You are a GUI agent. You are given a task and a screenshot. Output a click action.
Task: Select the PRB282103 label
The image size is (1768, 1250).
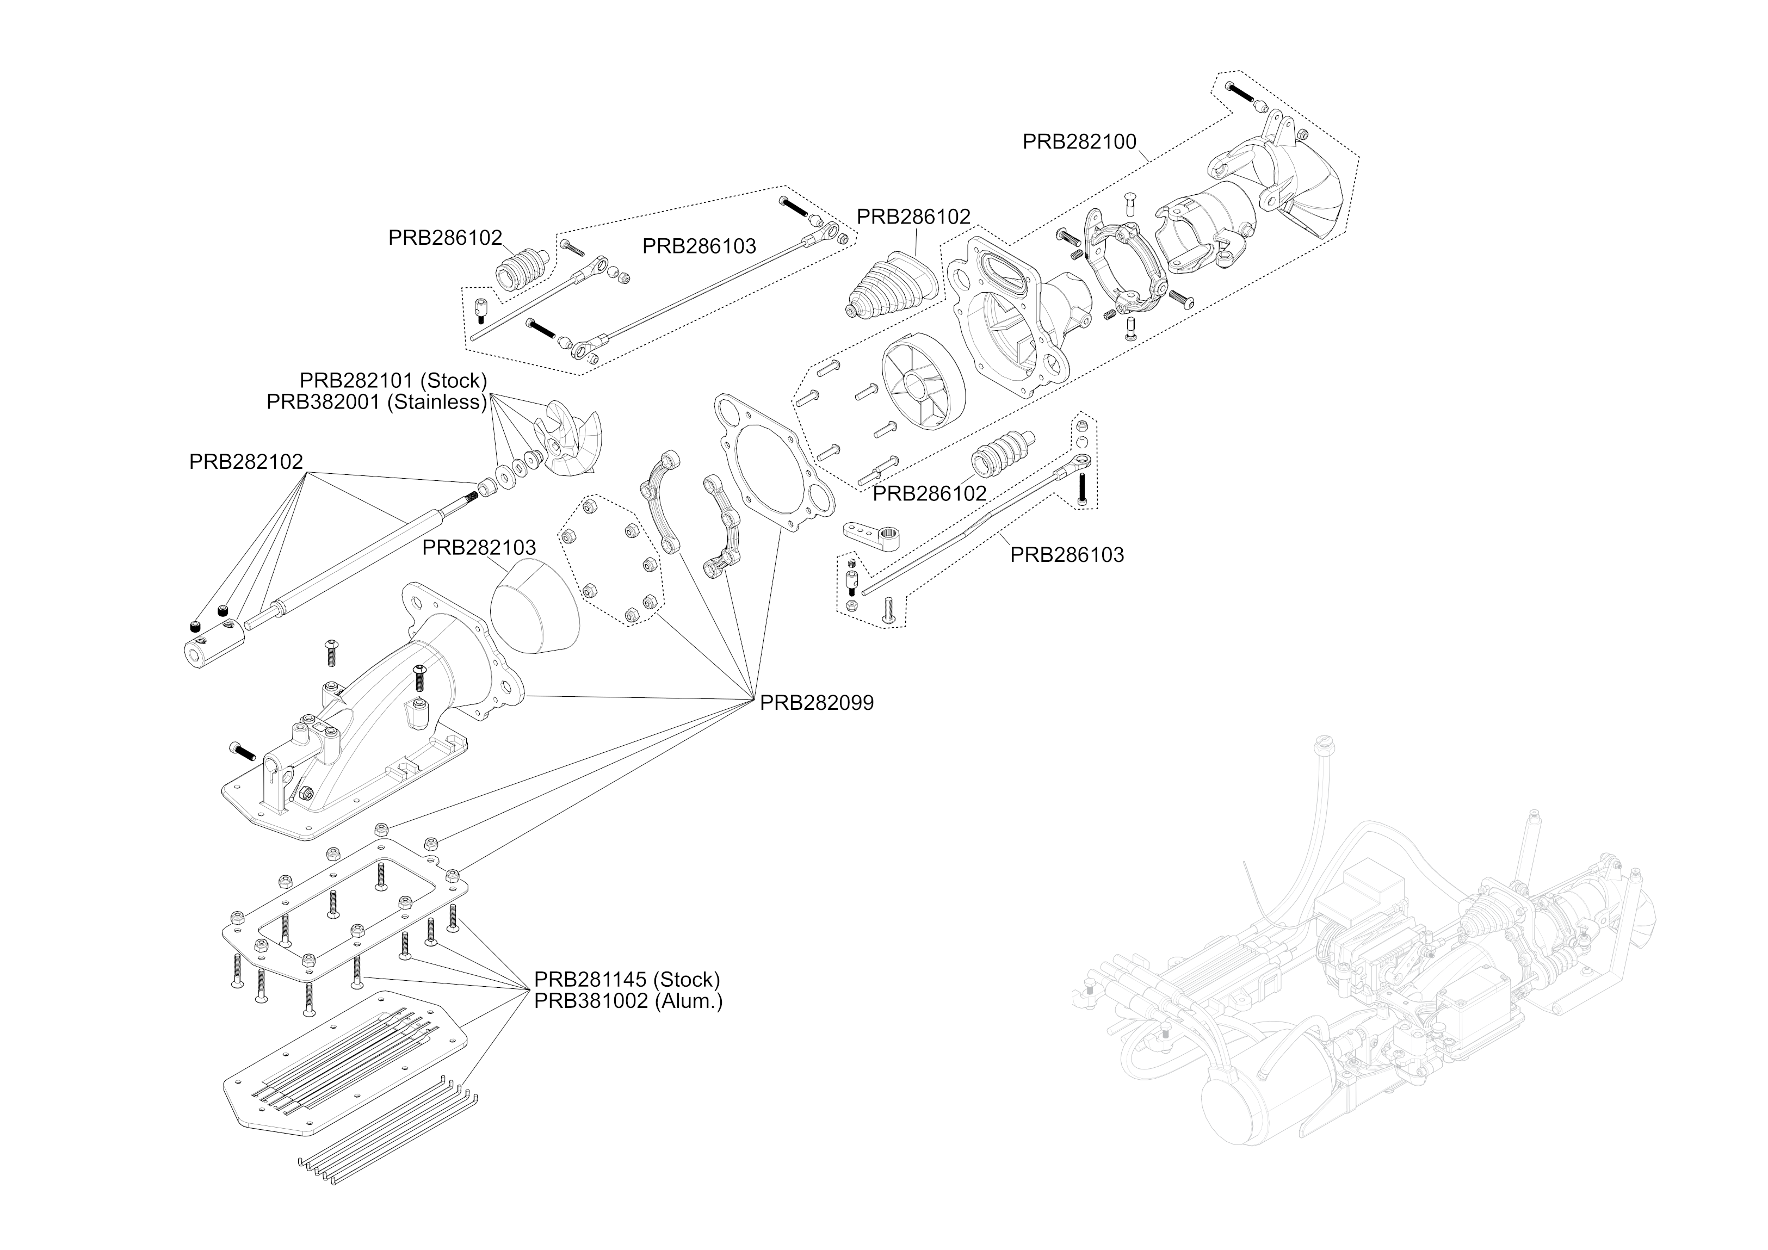click(478, 548)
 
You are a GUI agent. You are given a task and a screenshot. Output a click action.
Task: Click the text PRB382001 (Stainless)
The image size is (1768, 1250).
click(376, 402)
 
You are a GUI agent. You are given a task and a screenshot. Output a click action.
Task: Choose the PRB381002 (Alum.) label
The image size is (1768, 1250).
click(628, 1001)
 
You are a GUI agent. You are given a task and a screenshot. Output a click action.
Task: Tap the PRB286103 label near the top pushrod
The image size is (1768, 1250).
click(698, 246)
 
